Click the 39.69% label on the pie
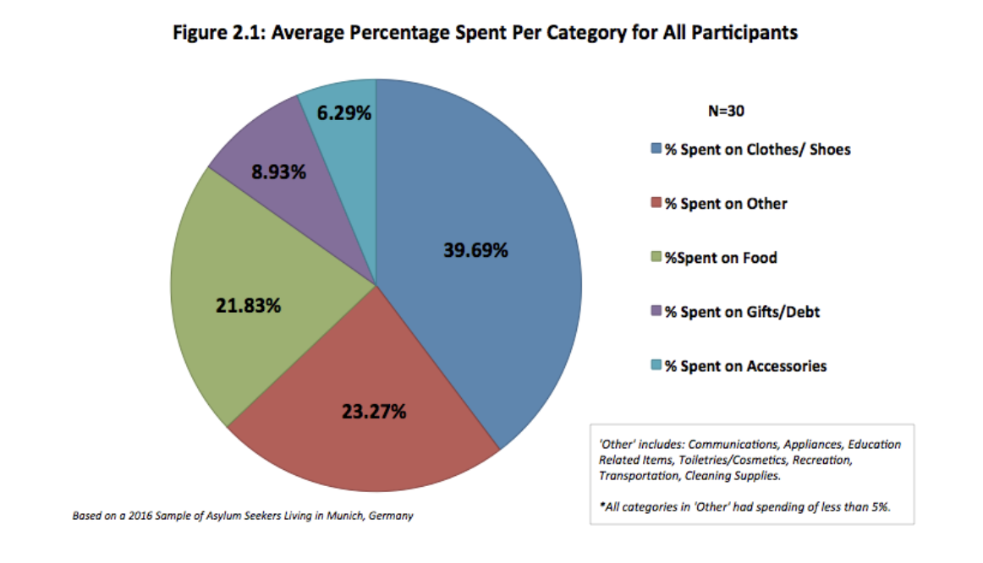coord(475,250)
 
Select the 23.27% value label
coord(374,412)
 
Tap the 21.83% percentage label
coord(248,306)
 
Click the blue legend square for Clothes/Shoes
coord(656,150)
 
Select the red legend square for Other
coord(656,204)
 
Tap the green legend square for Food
coord(656,258)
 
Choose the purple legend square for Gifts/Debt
coord(656,312)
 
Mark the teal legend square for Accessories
coord(656,366)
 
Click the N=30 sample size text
coord(726,111)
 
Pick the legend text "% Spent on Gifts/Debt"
coord(742,312)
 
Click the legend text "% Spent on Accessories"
coord(745,366)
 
